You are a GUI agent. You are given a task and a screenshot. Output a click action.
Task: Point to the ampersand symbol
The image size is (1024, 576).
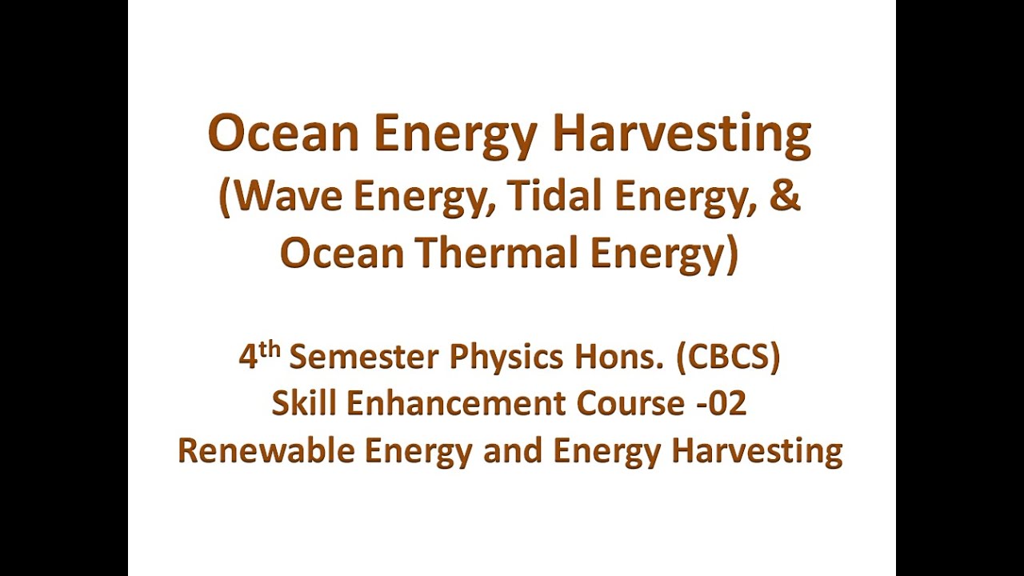786,197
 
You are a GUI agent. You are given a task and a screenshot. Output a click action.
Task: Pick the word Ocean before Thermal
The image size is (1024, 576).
329,254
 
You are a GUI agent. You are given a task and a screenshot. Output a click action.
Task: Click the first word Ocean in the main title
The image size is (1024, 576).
283,134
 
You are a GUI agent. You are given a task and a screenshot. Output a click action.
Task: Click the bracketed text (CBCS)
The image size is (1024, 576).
728,358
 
